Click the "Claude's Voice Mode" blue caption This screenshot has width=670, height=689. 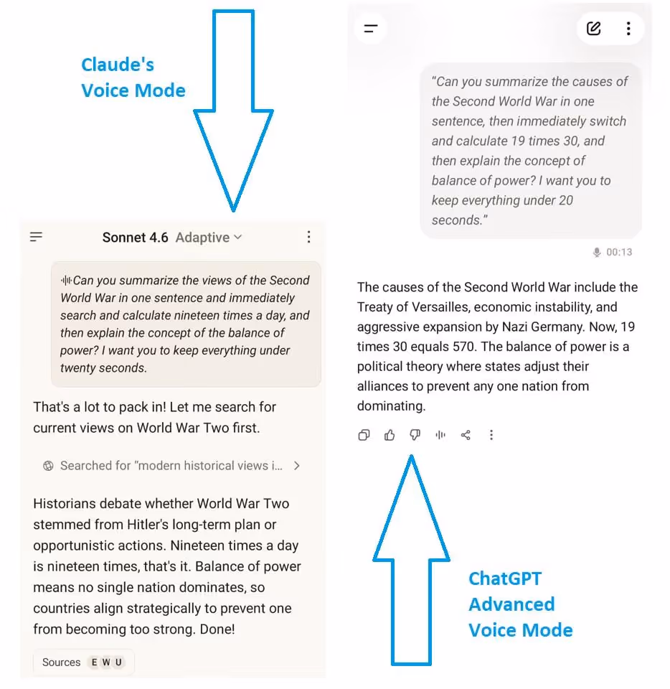click(x=133, y=78)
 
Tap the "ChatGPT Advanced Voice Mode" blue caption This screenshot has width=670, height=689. click(x=520, y=604)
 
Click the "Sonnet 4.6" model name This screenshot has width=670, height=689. click(x=136, y=238)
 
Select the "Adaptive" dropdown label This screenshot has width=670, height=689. click(x=202, y=238)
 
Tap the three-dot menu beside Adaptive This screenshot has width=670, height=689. click(x=308, y=237)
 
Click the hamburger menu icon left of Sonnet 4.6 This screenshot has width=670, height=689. click(x=36, y=237)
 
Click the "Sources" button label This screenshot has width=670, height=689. click(x=61, y=662)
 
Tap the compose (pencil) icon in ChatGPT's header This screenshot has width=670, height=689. click(x=594, y=29)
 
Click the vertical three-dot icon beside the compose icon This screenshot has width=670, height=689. click(x=628, y=29)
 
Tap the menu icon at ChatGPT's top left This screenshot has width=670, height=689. click(x=371, y=29)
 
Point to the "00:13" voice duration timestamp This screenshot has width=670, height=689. click(x=619, y=252)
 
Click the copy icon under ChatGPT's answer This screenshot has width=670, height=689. click(x=364, y=435)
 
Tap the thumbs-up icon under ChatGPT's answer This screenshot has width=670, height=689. click(x=390, y=435)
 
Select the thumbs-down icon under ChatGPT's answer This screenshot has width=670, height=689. click(x=415, y=435)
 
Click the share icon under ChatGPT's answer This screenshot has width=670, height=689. click(x=466, y=435)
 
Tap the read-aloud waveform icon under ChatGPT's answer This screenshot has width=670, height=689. click(x=440, y=435)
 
